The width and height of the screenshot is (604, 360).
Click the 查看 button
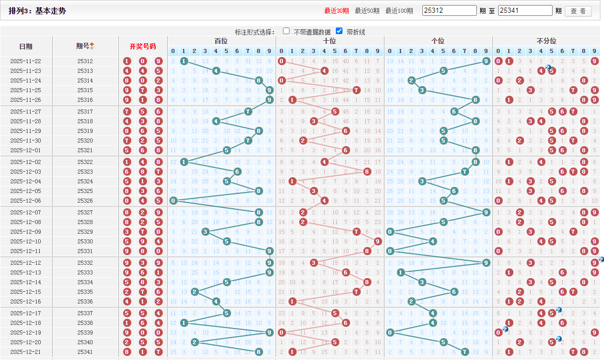click(578, 11)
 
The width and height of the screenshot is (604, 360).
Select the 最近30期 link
click(336, 11)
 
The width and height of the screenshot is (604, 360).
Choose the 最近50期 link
click(367, 11)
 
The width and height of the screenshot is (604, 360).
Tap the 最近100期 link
click(399, 11)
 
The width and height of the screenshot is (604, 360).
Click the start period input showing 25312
click(449, 11)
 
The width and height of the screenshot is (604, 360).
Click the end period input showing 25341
click(525, 11)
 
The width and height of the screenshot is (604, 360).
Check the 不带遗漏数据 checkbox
click(286, 31)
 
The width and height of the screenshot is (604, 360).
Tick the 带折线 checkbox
click(339, 31)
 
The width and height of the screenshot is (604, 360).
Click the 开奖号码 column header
click(142, 46)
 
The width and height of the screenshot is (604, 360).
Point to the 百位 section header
click(221, 41)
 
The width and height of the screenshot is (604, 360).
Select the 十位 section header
click(330, 41)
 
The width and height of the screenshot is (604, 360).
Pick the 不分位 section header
click(547, 41)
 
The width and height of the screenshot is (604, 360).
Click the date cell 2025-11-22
click(25, 61)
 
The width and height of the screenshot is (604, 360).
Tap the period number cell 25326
click(85, 201)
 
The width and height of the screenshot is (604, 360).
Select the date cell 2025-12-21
click(25, 352)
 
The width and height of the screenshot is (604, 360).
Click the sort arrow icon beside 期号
click(92, 46)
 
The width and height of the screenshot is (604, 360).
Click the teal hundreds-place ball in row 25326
click(174, 201)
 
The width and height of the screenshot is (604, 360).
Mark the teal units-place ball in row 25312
click(486, 61)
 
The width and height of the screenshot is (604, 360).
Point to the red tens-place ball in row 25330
click(378, 241)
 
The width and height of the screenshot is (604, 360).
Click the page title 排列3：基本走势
click(37, 11)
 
